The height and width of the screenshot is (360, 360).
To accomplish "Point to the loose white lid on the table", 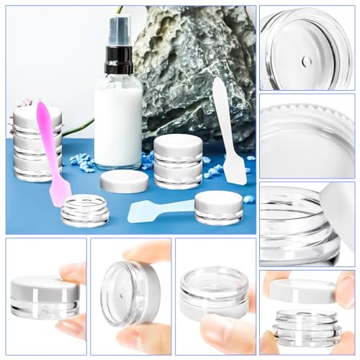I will pyautogui.click(x=124, y=181).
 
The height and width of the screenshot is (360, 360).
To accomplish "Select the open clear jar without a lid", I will pyautogui.click(x=84, y=210).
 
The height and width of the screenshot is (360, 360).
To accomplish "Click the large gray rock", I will pyautogui.click(x=194, y=72).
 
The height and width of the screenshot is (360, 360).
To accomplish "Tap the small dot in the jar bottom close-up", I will pyautogui.click(x=307, y=61).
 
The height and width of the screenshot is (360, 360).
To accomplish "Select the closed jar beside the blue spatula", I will pyautogui.click(x=218, y=207).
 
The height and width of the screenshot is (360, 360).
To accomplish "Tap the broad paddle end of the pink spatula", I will pyautogui.click(x=59, y=189).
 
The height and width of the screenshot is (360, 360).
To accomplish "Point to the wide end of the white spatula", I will pyautogui.click(x=235, y=172).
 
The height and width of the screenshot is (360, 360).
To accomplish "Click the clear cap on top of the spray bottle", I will pyautogui.click(x=119, y=29).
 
